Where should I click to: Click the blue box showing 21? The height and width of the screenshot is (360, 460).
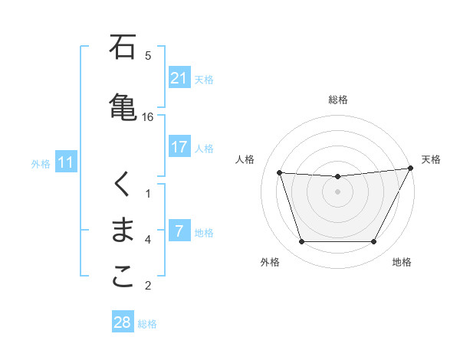click(x=179, y=78)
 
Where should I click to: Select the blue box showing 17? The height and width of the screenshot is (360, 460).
click(x=179, y=147)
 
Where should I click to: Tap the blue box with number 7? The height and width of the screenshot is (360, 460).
click(x=179, y=231)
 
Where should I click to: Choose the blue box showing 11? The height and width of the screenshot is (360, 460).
click(x=66, y=162)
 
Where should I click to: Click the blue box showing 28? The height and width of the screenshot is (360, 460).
click(x=123, y=322)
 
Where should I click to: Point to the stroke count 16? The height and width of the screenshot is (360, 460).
click(x=148, y=117)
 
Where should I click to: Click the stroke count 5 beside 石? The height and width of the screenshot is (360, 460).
click(x=148, y=55)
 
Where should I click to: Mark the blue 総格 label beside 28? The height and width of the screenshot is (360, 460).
click(x=147, y=323)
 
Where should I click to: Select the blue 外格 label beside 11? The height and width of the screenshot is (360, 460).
click(x=41, y=163)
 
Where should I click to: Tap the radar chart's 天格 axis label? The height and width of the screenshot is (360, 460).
click(x=432, y=159)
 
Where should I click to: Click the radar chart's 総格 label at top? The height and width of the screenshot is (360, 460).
click(x=337, y=100)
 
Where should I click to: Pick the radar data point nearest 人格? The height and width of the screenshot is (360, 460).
click(x=280, y=172)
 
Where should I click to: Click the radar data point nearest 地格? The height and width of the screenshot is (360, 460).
click(x=373, y=242)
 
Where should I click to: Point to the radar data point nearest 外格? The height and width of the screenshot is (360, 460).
click(x=301, y=242)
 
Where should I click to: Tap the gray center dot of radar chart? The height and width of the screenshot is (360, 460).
click(x=337, y=191)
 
